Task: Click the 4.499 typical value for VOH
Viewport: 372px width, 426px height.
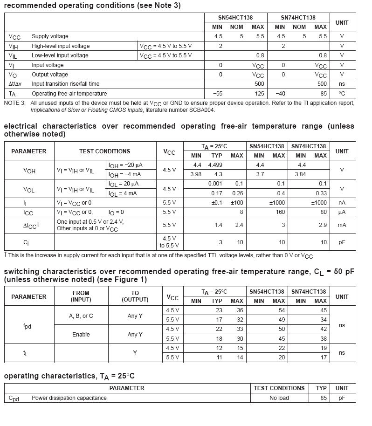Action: (x=215, y=165)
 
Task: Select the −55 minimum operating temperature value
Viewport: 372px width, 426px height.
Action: (x=218, y=94)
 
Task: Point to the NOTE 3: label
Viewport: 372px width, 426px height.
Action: (x=15, y=103)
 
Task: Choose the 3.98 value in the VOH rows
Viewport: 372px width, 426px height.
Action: (x=196, y=174)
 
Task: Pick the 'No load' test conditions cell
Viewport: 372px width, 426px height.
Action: (x=279, y=398)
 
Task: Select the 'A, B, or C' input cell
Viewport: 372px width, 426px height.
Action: (x=81, y=316)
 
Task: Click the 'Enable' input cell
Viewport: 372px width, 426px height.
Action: (x=81, y=335)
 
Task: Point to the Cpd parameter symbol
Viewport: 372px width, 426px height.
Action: (x=14, y=399)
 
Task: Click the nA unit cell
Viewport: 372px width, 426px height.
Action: (x=342, y=203)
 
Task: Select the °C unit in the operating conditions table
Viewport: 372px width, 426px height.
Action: (x=342, y=94)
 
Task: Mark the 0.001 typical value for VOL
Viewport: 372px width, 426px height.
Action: (x=215, y=184)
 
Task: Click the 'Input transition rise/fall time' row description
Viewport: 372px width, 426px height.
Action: (x=65, y=84)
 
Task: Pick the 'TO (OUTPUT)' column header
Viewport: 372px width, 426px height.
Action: (x=135, y=296)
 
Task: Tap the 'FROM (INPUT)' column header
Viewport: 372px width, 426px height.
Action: (x=81, y=296)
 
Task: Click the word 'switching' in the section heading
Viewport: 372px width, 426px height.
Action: (x=21, y=272)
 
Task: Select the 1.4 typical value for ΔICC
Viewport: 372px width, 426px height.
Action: (x=218, y=225)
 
